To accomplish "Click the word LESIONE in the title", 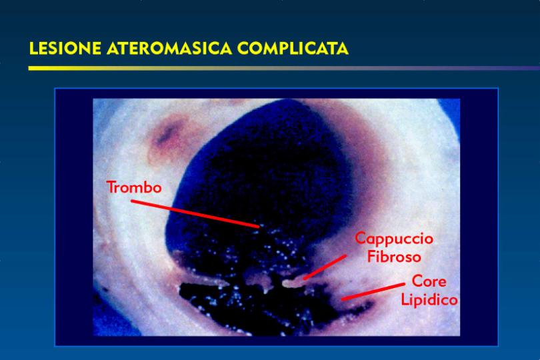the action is point(65,48).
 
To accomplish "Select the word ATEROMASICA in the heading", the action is point(169,48).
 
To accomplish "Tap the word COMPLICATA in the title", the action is point(293,48).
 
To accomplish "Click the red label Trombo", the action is point(134,187).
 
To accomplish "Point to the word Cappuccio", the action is point(394,239).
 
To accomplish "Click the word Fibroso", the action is point(394,257).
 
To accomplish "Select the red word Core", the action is point(429,281).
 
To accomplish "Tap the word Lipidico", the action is point(429,300).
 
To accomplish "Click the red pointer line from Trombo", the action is point(195,214).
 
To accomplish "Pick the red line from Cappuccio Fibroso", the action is point(325,267).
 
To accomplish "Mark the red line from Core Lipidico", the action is point(373,292).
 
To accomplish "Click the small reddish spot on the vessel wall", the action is point(168,136).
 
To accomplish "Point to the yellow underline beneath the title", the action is point(284,68).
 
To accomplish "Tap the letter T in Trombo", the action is point(111,187).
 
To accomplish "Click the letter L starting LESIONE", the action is point(33,48).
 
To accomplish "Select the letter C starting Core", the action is point(417,281).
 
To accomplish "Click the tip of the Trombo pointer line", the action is point(259,227).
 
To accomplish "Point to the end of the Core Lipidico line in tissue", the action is point(343,299).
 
